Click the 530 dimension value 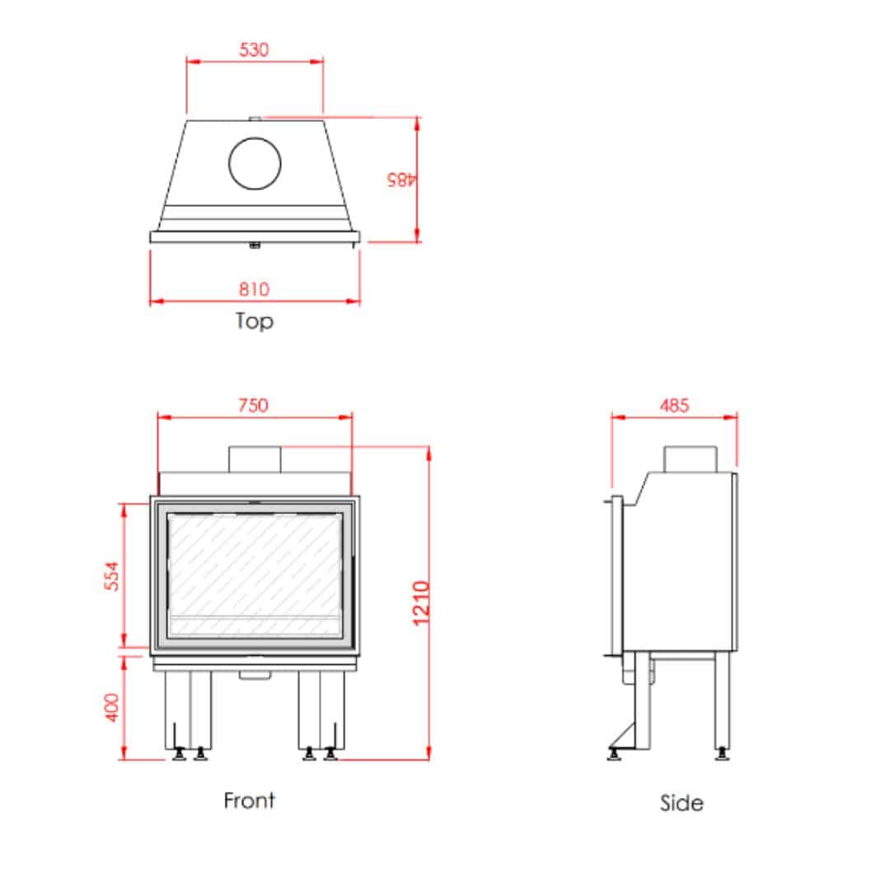(254, 49)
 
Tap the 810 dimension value (254, 289)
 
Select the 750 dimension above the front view (253, 405)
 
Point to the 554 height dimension (112, 576)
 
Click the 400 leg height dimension (112, 707)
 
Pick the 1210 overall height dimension (420, 603)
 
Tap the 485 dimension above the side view (674, 405)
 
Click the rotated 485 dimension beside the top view (401, 180)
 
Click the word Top (255, 321)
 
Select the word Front (249, 800)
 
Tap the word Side (682, 803)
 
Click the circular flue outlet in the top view (255, 163)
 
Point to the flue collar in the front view (255, 459)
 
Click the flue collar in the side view (691, 459)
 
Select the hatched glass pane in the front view (255, 575)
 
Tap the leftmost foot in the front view (180, 754)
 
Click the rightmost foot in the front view (330, 754)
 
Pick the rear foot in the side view (722, 754)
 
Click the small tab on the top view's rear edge (255, 119)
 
